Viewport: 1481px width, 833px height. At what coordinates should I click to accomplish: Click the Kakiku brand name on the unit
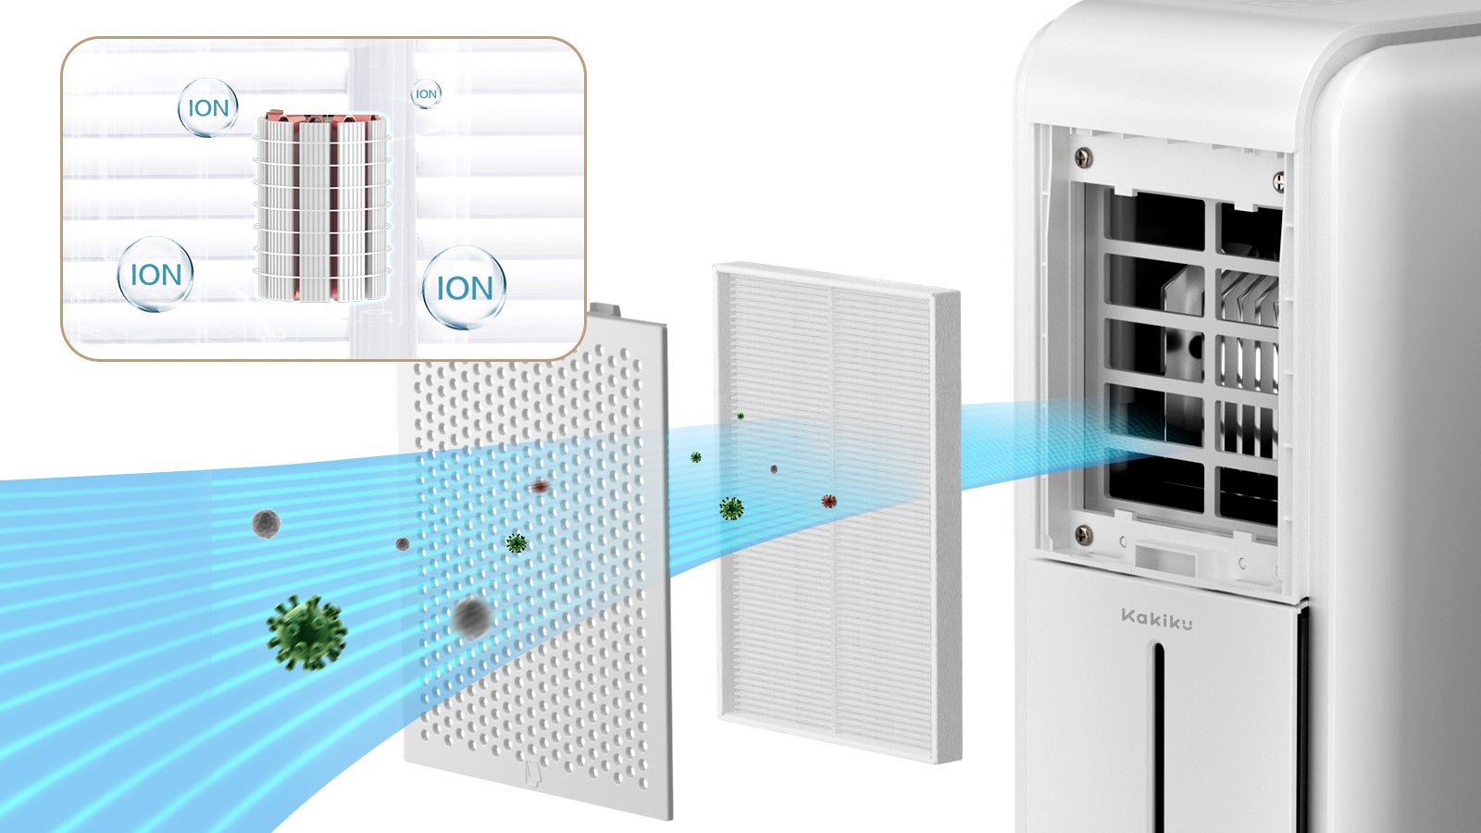coord(1156,618)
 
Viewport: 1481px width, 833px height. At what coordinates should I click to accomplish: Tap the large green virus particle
coord(306,632)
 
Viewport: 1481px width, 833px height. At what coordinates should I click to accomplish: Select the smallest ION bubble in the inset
coord(426,93)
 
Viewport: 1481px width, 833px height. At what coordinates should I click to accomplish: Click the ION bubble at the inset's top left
coord(208,108)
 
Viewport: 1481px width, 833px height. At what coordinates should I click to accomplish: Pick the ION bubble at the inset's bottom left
coord(156,274)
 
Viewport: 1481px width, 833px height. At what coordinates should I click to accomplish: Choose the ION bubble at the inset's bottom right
coord(464,288)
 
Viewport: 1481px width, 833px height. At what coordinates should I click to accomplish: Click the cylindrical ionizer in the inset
coord(321,205)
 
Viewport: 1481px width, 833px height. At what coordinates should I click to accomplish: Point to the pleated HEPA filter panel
coord(837,514)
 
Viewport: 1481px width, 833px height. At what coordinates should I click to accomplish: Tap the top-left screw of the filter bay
coord(1084,158)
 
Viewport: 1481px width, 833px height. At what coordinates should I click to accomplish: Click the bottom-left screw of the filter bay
coord(1082,533)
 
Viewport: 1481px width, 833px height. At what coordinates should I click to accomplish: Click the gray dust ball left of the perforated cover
coord(266,524)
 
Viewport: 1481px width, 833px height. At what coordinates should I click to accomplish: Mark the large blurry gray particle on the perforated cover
coord(471,616)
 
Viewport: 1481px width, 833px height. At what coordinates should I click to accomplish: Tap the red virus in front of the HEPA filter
coord(828,502)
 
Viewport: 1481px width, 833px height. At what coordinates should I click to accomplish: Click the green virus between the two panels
coord(731,508)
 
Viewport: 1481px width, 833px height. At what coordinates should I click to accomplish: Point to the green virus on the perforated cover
coord(516,543)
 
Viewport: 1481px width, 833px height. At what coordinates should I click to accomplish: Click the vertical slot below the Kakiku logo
coord(1157,731)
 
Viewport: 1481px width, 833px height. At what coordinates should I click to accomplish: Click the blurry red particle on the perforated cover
coord(540,486)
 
